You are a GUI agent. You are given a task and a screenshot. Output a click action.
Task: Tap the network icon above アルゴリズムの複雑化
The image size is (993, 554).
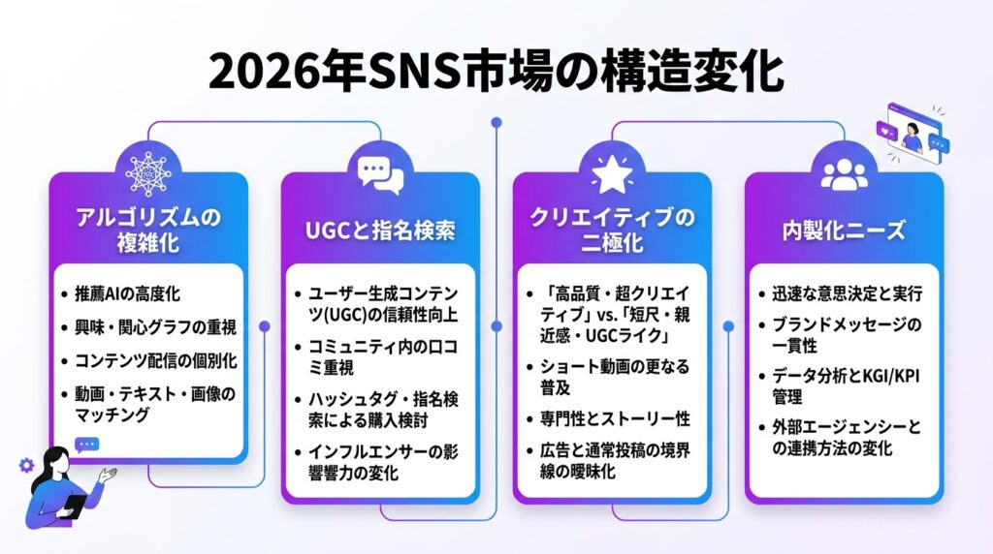pyautogui.click(x=148, y=173)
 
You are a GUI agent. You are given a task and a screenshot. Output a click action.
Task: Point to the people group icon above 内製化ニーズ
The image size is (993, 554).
pyautogui.click(x=845, y=174)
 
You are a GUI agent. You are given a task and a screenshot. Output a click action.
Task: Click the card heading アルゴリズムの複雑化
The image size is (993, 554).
pyautogui.click(x=148, y=230)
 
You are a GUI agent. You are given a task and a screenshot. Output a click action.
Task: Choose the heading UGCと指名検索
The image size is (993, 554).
pyautogui.click(x=380, y=231)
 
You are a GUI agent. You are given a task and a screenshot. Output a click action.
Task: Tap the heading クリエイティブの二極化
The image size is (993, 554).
pyautogui.click(x=612, y=230)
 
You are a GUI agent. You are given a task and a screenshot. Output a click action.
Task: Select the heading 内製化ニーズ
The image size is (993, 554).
pyautogui.click(x=845, y=231)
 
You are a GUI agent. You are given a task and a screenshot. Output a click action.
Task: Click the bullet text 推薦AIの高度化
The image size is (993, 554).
pyautogui.click(x=127, y=294)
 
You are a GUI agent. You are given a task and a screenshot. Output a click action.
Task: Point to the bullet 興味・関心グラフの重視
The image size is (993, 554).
pyautogui.click(x=155, y=327)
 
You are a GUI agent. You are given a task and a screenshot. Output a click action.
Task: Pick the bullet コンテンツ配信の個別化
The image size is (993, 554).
pyautogui.click(x=156, y=361)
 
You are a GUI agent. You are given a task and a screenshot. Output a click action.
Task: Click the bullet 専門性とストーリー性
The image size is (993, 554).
pyautogui.click(x=614, y=418)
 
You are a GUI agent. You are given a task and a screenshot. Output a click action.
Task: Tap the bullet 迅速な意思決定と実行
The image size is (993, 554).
pyautogui.click(x=848, y=293)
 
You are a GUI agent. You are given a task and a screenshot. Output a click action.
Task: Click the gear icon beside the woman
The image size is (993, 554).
pyautogui.click(x=26, y=466)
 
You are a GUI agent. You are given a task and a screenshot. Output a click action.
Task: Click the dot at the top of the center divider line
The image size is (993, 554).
pyautogui.click(x=496, y=122)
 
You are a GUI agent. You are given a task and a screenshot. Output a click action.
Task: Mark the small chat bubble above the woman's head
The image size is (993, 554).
pyautogui.click(x=86, y=446)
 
